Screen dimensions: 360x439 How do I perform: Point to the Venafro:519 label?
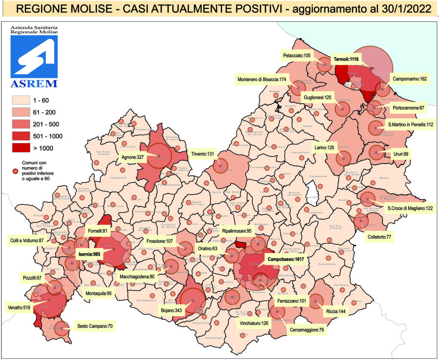pos(17,307)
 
